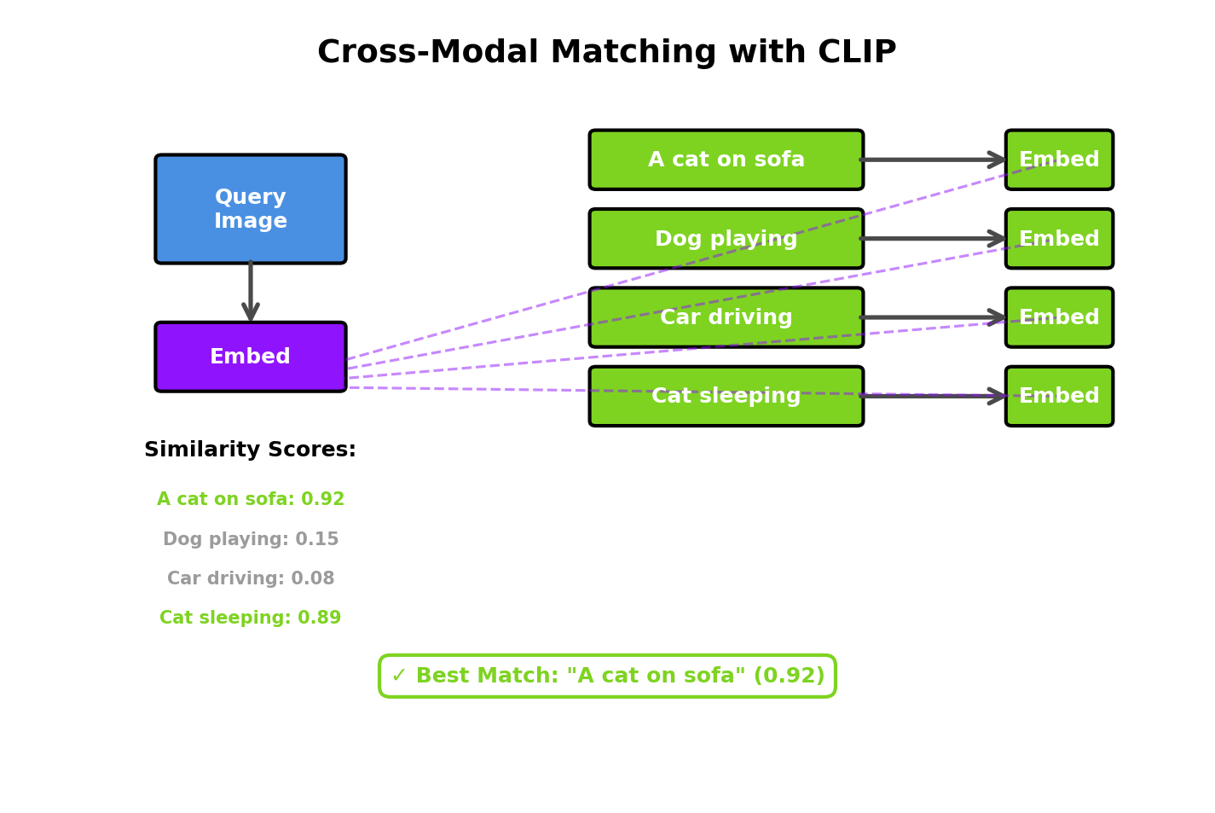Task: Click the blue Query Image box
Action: [x=250, y=209]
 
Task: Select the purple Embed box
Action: [x=250, y=357]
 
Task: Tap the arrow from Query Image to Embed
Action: [x=250, y=293]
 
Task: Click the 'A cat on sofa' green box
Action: [x=726, y=160]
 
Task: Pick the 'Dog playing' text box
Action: [x=726, y=239]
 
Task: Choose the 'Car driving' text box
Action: [x=726, y=317]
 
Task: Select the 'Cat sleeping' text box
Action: [x=726, y=396]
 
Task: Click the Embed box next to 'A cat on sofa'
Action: [x=1058, y=160]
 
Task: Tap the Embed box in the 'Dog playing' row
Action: [x=1058, y=239]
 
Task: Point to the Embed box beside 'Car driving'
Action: [x=1058, y=317]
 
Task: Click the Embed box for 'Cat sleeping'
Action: [x=1058, y=396]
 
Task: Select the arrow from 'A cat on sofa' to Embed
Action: [x=934, y=160]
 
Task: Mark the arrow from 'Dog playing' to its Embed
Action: [x=934, y=239]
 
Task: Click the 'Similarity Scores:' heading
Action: [x=250, y=450]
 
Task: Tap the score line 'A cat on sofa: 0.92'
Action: [x=250, y=500]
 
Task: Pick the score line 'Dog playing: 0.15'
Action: [x=250, y=540]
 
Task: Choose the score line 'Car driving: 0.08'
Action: [x=250, y=579]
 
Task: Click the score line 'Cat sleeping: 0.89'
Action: [x=250, y=618]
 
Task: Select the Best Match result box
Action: [x=607, y=677]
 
